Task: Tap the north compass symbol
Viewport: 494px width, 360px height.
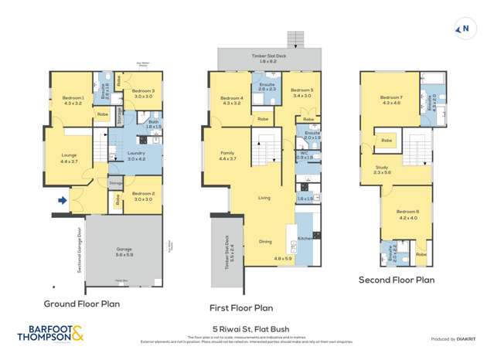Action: [x=465, y=30]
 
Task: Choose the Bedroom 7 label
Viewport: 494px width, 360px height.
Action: [x=391, y=97]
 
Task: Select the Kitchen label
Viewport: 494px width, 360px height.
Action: [x=305, y=238]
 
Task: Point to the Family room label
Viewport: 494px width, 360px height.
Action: [x=227, y=153]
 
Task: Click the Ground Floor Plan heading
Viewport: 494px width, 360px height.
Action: [x=81, y=304]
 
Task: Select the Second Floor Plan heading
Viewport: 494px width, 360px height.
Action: [x=396, y=280]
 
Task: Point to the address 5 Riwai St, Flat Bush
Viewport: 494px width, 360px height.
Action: [x=244, y=328]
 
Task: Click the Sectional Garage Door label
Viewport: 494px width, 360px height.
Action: [x=80, y=250]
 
